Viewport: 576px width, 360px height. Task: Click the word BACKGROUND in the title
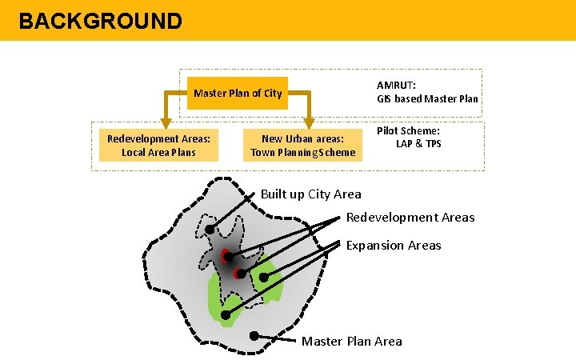[100, 21]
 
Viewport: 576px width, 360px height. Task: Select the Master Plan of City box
[238, 93]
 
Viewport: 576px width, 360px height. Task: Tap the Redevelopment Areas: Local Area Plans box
[158, 146]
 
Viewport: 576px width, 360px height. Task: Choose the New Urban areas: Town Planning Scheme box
[302, 146]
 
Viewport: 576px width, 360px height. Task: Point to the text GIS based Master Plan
[428, 99]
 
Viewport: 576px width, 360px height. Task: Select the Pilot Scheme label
[408, 130]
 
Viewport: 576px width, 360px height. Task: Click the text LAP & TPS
[418, 144]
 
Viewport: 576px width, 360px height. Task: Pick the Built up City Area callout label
[310, 194]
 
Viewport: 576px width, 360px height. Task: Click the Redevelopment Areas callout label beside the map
[410, 218]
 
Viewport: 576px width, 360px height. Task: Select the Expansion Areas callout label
[393, 246]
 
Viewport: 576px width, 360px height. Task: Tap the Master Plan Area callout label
[351, 342]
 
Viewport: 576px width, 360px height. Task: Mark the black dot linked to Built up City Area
[210, 230]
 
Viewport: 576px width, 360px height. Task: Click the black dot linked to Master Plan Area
[255, 335]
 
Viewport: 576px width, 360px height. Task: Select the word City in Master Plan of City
[273, 93]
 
